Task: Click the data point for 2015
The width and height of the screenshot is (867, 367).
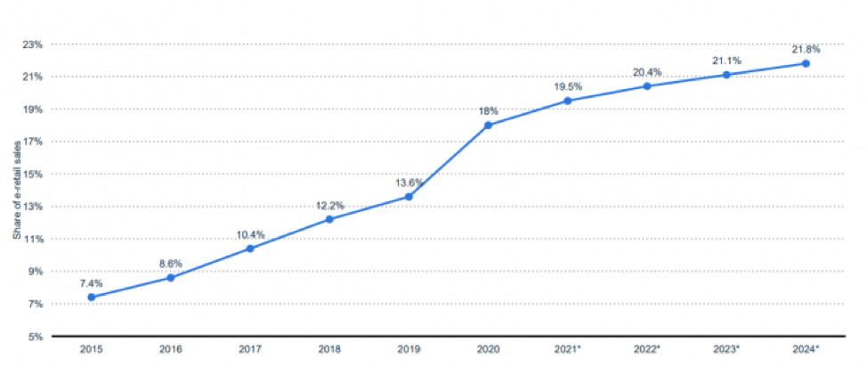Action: (x=92, y=298)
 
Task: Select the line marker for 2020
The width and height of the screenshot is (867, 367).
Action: (x=488, y=125)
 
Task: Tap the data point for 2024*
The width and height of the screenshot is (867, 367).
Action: (x=806, y=63)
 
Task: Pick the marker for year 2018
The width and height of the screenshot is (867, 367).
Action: (x=329, y=219)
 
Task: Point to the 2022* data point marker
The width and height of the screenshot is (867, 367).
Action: (x=647, y=86)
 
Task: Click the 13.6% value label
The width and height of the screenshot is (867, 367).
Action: (x=409, y=182)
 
